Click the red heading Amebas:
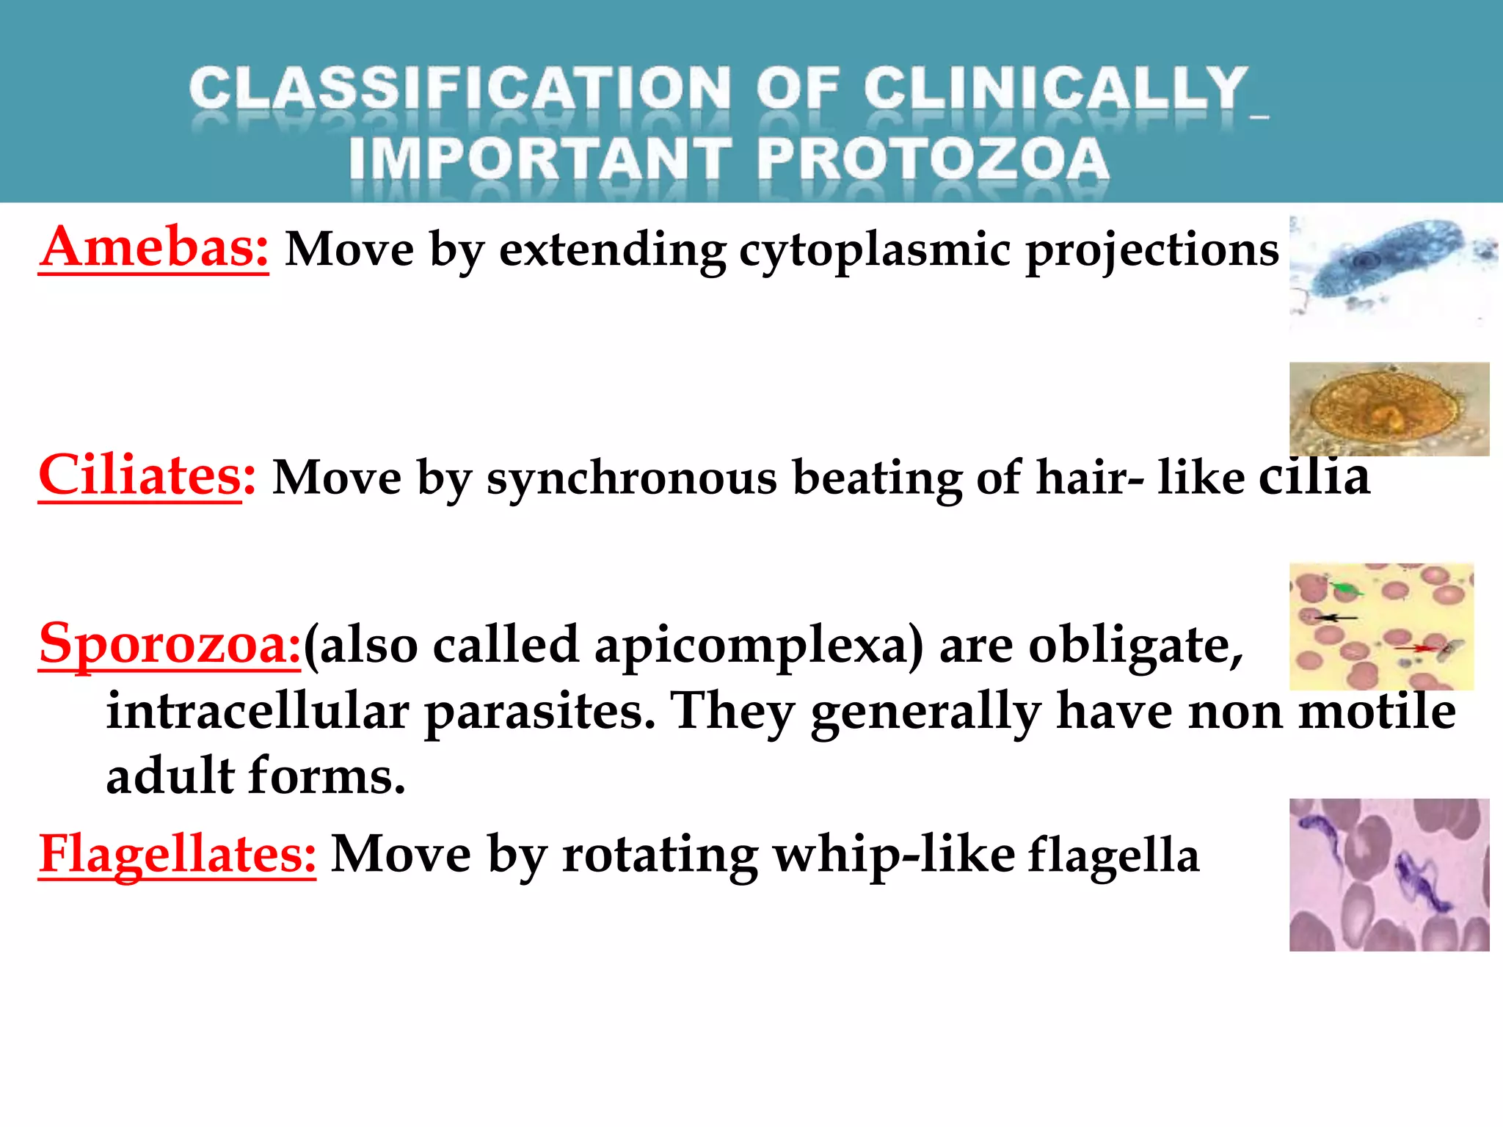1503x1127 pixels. tap(154, 248)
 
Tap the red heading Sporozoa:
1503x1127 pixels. tap(170, 643)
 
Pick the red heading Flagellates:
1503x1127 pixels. tap(177, 854)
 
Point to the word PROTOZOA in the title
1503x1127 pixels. tap(932, 159)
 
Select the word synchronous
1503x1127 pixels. tap(632, 478)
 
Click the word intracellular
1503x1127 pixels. tap(258, 711)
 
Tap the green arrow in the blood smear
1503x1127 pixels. tap(1347, 588)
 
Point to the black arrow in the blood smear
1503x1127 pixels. tap(1336, 618)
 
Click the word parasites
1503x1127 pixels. tap(539, 711)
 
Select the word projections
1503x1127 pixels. tap(1151, 251)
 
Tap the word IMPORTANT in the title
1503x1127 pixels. tap(540, 159)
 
